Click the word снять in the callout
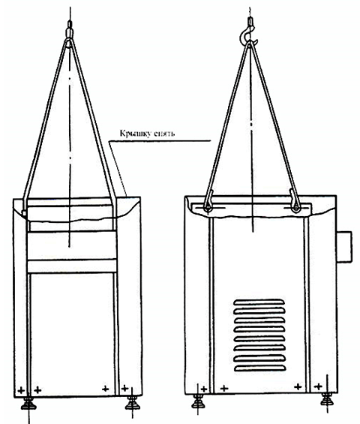163,134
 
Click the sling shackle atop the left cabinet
70,43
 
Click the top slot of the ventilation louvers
259,302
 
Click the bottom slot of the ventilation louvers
260,368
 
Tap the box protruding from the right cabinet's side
344,247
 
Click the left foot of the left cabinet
28,402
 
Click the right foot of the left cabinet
132,402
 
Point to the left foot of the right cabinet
199,401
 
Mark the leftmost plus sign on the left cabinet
21,390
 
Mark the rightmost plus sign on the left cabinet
124,389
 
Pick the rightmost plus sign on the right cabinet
319,386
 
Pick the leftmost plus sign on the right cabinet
204,389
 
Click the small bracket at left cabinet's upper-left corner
24,214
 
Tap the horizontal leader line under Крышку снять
159,140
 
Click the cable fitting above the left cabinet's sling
70,29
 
